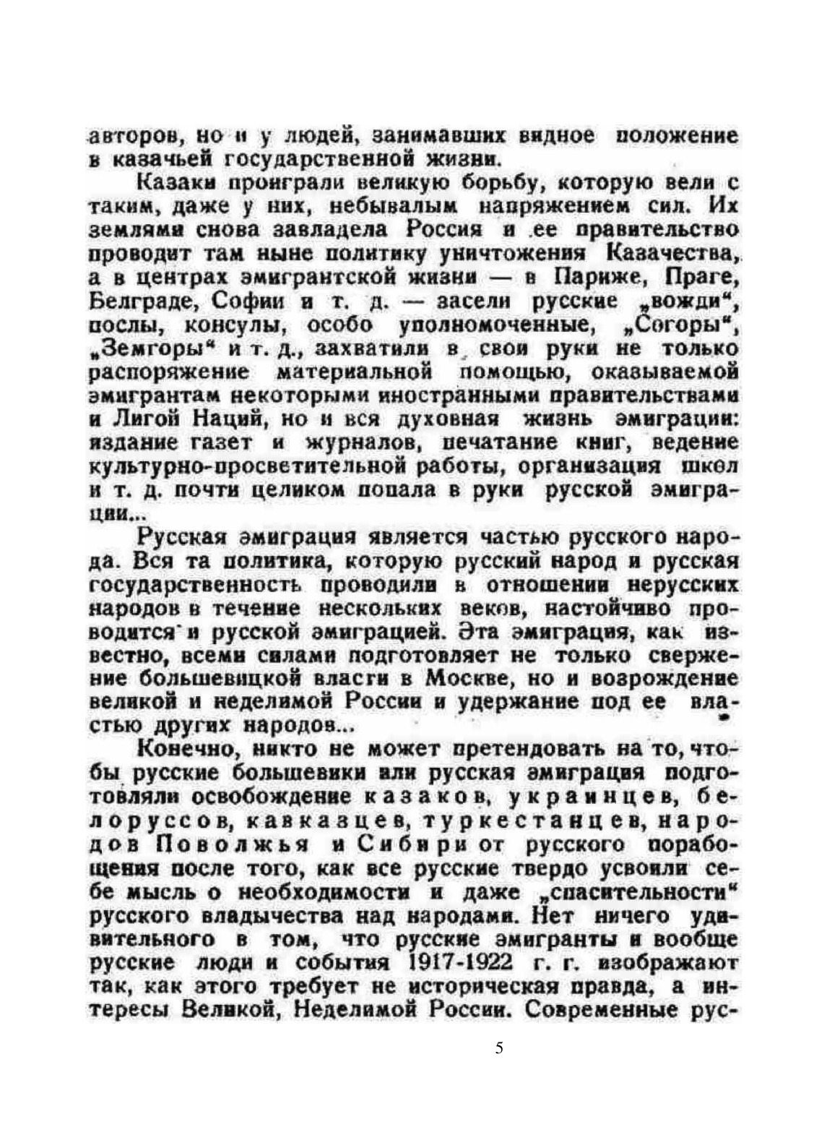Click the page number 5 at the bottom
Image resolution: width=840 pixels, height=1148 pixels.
(499, 1048)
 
